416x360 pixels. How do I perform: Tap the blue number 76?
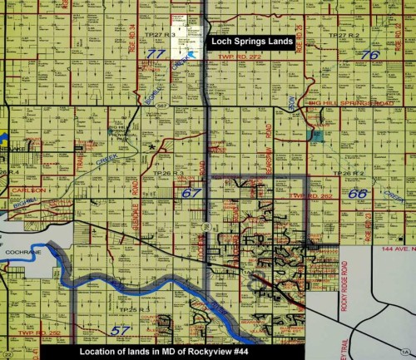pyautogui.click(x=370, y=55)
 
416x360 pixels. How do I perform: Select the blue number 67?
pyautogui.click(x=192, y=193)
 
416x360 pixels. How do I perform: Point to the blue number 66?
pyautogui.click(x=358, y=193)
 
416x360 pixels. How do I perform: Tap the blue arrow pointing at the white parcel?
pyautogui.click(x=192, y=54)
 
